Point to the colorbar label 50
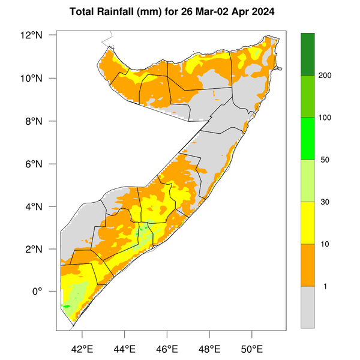click(x=324, y=160)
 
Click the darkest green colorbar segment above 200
click(x=308, y=54)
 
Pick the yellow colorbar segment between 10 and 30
click(x=308, y=223)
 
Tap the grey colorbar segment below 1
click(x=308, y=307)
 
